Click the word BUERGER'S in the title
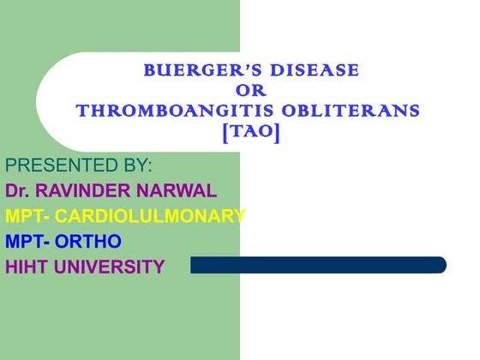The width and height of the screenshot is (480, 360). click(186, 70)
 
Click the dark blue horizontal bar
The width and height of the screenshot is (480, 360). click(317, 266)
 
